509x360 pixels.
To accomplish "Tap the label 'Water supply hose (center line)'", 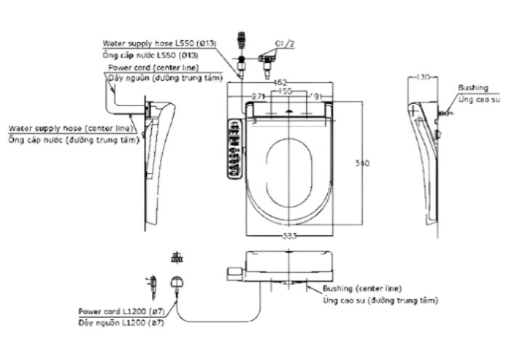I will pyautogui.click(x=71, y=128).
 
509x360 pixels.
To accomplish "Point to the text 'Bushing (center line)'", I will pyautogui.click(x=362, y=289).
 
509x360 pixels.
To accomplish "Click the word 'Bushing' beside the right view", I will pyautogui.click(x=473, y=88).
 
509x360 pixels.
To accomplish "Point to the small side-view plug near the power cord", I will pyautogui.click(x=151, y=284).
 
